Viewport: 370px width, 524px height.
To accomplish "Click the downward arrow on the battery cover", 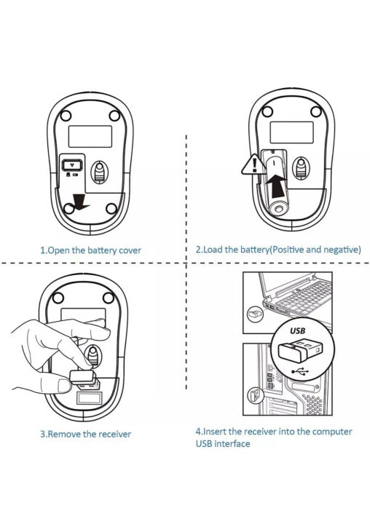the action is pyautogui.click(x=80, y=202).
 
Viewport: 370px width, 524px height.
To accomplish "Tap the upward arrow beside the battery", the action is pyautogui.click(x=277, y=186).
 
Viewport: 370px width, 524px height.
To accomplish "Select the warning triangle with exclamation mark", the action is pyautogui.click(x=254, y=164).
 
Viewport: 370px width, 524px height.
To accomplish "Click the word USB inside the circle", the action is pyautogui.click(x=297, y=330).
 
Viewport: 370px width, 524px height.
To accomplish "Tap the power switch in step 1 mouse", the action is pyautogui.click(x=72, y=164).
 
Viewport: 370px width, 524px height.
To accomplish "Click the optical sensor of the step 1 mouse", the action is pyautogui.click(x=99, y=172).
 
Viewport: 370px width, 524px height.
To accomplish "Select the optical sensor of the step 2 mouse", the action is pyautogui.click(x=301, y=168).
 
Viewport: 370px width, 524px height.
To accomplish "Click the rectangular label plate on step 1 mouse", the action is pyautogui.click(x=90, y=136).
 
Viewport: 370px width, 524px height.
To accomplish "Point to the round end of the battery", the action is pyautogui.click(x=279, y=209).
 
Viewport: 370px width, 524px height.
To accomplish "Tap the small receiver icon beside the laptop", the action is pyautogui.click(x=255, y=314).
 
